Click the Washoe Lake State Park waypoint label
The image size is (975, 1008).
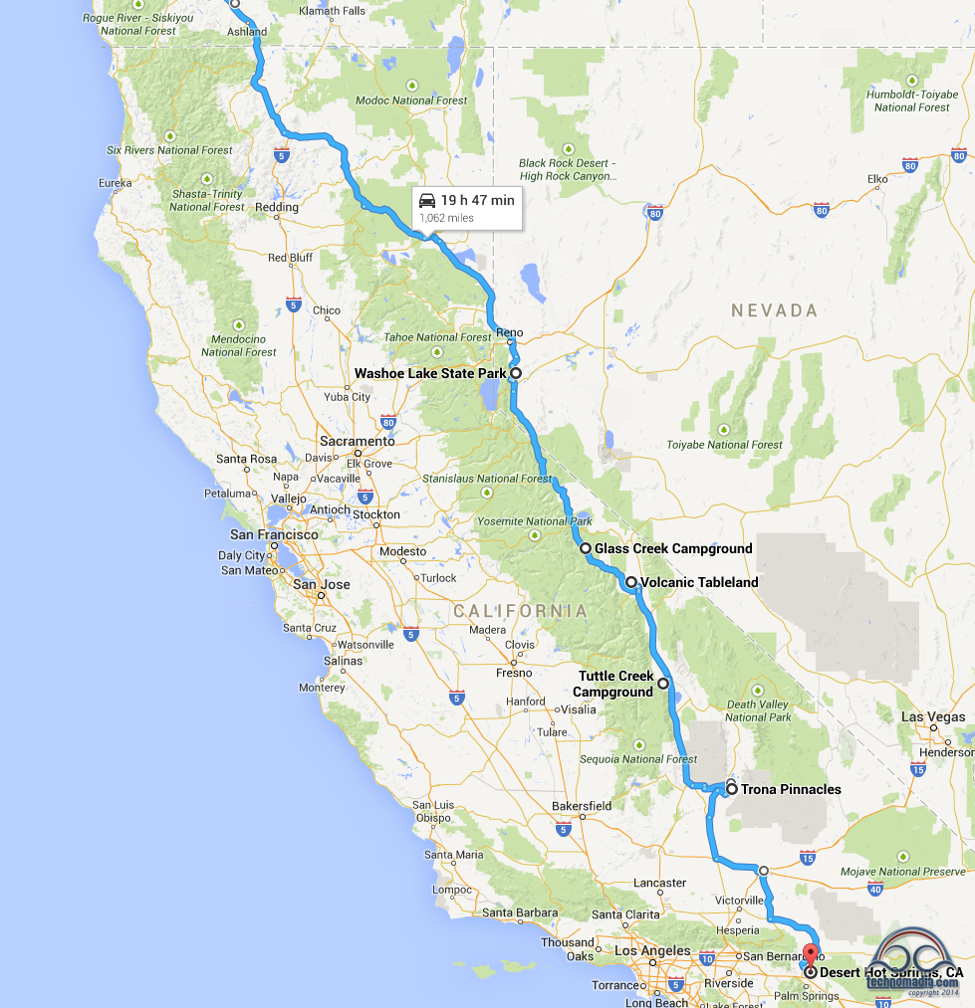click(430, 373)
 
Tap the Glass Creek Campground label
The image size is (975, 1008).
click(673, 548)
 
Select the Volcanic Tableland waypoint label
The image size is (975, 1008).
click(699, 582)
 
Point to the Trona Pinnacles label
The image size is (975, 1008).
click(791, 789)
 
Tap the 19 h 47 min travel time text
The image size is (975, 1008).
click(478, 200)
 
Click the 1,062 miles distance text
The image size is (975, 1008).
click(446, 218)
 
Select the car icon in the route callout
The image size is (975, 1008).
click(427, 200)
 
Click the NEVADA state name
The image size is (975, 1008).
click(774, 310)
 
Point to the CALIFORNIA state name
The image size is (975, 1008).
click(520, 610)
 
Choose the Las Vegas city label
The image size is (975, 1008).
click(933, 716)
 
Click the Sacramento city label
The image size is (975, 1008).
click(357, 441)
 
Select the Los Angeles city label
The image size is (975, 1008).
click(652, 950)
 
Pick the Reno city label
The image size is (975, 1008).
click(509, 332)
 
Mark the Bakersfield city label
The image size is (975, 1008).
click(582, 805)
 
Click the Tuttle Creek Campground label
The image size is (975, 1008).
click(615, 684)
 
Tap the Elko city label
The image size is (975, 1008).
click(877, 179)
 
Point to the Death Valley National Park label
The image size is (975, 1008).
click(758, 710)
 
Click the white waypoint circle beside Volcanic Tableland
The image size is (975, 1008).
click(631, 582)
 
